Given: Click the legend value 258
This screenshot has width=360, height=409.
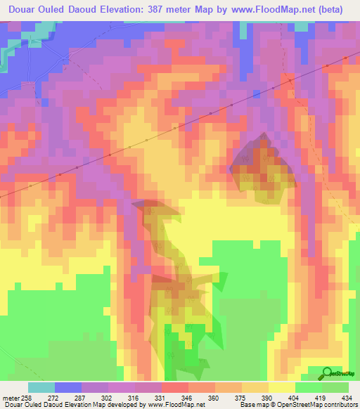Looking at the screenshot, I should (x=27, y=397).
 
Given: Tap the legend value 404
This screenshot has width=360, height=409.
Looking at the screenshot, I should (x=293, y=397).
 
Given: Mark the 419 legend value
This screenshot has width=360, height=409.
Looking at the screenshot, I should (x=320, y=397).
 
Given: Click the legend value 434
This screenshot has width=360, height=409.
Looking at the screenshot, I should (x=346, y=397).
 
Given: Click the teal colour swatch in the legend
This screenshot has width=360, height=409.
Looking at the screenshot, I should (x=41, y=387).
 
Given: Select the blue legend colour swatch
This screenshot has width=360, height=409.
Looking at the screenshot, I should (x=67, y=387).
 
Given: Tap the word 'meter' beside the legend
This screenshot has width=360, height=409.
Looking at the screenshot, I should (x=10, y=397).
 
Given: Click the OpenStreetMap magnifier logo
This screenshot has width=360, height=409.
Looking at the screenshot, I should (x=328, y=372).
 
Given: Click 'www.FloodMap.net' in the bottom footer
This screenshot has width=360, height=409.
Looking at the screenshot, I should (x=169, y=405).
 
